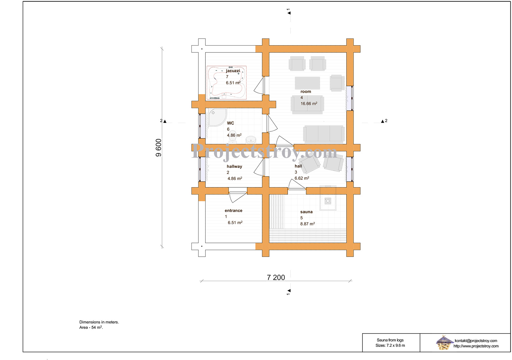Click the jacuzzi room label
(x=233, y=71)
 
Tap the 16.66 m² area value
(x=309, y=103)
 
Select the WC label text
(x=230, y=123)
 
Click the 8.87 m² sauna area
(x=307, y=224)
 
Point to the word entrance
(x=233, y=211)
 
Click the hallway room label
(x=234, y=166)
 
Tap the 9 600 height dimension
(x=158, y=148)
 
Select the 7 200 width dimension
(x=276, y=277)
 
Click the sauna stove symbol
(x=328, y=201)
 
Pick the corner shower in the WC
(x=217, y=117)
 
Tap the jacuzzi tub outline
(x=227, y=83)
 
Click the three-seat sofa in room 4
(x=324, y=134)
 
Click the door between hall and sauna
(x=297, y=185)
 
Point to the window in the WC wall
(x=202, y=126)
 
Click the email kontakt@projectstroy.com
(x=476, y=340)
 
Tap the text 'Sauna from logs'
(x=390, y=340)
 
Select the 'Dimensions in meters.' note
(x=99, y=322)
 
